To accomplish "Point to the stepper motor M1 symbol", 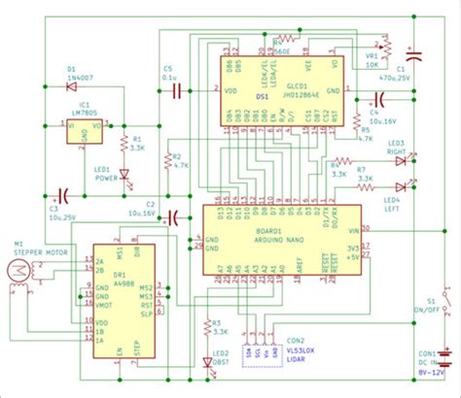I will coord(17,274).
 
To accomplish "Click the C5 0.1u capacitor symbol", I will coord(177,91).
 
